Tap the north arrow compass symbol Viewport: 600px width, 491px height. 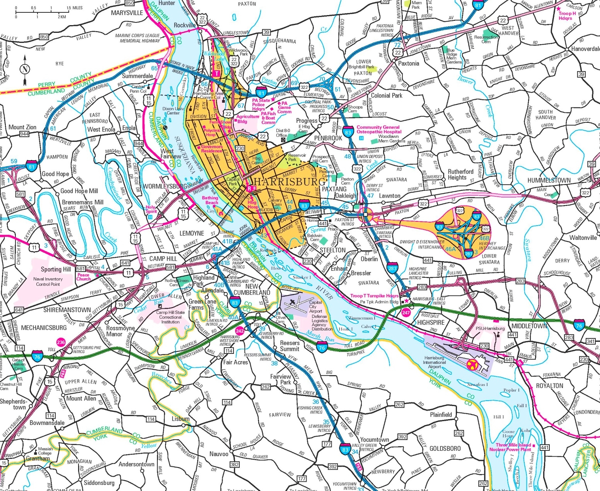[x=25, y=70]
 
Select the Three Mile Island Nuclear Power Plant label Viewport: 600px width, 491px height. [x=510, y=447]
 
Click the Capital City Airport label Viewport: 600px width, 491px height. [x=315, y=307]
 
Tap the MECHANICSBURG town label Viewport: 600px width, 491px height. [x=44, y=328]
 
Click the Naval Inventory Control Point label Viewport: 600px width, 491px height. [x=48, y=281]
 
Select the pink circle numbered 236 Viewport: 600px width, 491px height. [x=61, y=342]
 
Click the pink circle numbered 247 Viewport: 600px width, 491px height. [x=406, y=313]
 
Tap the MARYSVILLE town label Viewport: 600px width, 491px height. [x=127, y=13]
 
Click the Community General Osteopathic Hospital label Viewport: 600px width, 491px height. [x=378, y=129]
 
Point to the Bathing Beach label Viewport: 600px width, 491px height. [x=210, y=200]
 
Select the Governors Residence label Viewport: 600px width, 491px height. [x=211, y=149]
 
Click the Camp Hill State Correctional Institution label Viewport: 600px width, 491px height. [x=170, y=317]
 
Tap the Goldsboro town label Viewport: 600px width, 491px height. [x=445, y=449]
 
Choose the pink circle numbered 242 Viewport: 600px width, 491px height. [x=240, y=331]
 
